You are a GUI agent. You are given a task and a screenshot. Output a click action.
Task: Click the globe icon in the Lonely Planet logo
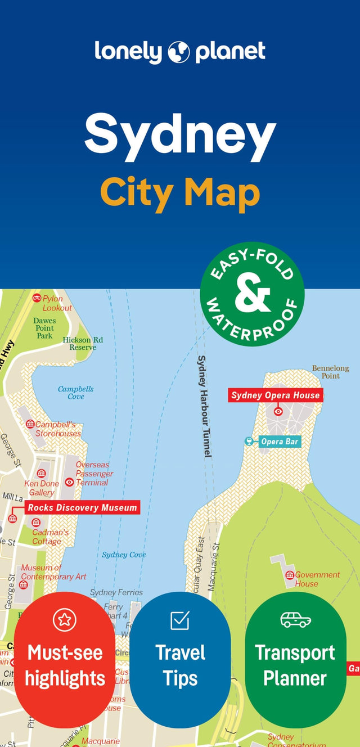pos(179,52)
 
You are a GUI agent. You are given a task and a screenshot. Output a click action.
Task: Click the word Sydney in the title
pos(180,135)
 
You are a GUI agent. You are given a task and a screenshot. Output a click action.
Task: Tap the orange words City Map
pos(180,192)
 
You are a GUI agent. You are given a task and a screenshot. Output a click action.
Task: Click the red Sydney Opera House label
pos(276,395)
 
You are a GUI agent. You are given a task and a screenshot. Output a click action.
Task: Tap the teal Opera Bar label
pos(279,442)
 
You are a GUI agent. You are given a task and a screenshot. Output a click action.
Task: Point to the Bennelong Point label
pos(331,372)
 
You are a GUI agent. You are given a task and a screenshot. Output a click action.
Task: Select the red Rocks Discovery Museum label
pos(82,507)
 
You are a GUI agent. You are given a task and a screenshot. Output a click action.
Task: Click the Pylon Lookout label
pos(57,303)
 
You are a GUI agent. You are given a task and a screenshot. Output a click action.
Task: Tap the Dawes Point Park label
pos(44,328)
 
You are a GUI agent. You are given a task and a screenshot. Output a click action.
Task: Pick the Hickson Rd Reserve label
pos(83,344)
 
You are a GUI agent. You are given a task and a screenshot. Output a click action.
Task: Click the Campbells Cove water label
pos(76,393)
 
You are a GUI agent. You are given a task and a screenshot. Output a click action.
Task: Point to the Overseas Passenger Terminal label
pos(94,474)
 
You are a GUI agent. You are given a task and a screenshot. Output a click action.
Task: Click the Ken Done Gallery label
pos(42,488)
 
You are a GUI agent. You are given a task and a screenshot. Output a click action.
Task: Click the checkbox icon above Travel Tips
pos(180,620)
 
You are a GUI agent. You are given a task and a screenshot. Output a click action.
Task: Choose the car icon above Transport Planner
pos(295,619)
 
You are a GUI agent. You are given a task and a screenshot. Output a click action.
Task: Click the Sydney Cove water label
pos(124,555)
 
